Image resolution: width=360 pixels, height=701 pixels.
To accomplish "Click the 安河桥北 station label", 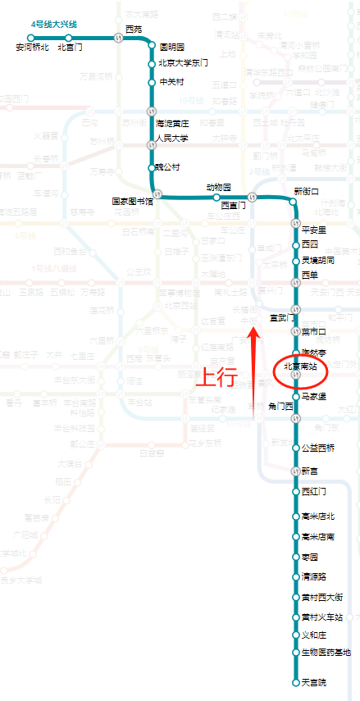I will tap(33, 48).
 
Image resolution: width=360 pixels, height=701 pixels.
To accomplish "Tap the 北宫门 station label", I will tap(70, 48).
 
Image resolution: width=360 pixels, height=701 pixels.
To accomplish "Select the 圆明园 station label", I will tap(171, 48).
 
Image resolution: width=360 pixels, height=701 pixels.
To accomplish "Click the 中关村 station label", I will tap(171, 82).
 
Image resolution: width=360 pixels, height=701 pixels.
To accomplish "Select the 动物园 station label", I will tap(218, 188).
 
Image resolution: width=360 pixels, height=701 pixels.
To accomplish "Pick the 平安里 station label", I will tap(314, 230).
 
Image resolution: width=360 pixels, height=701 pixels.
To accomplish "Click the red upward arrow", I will tap(255, 369).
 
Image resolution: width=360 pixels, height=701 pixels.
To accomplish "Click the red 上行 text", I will tap(215, 377).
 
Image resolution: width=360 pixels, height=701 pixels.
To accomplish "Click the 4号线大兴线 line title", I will tap(53, 25).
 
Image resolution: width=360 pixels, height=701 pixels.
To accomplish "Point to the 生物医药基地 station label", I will tap(326, 653).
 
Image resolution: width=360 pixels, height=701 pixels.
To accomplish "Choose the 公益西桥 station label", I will tap(318, 448).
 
